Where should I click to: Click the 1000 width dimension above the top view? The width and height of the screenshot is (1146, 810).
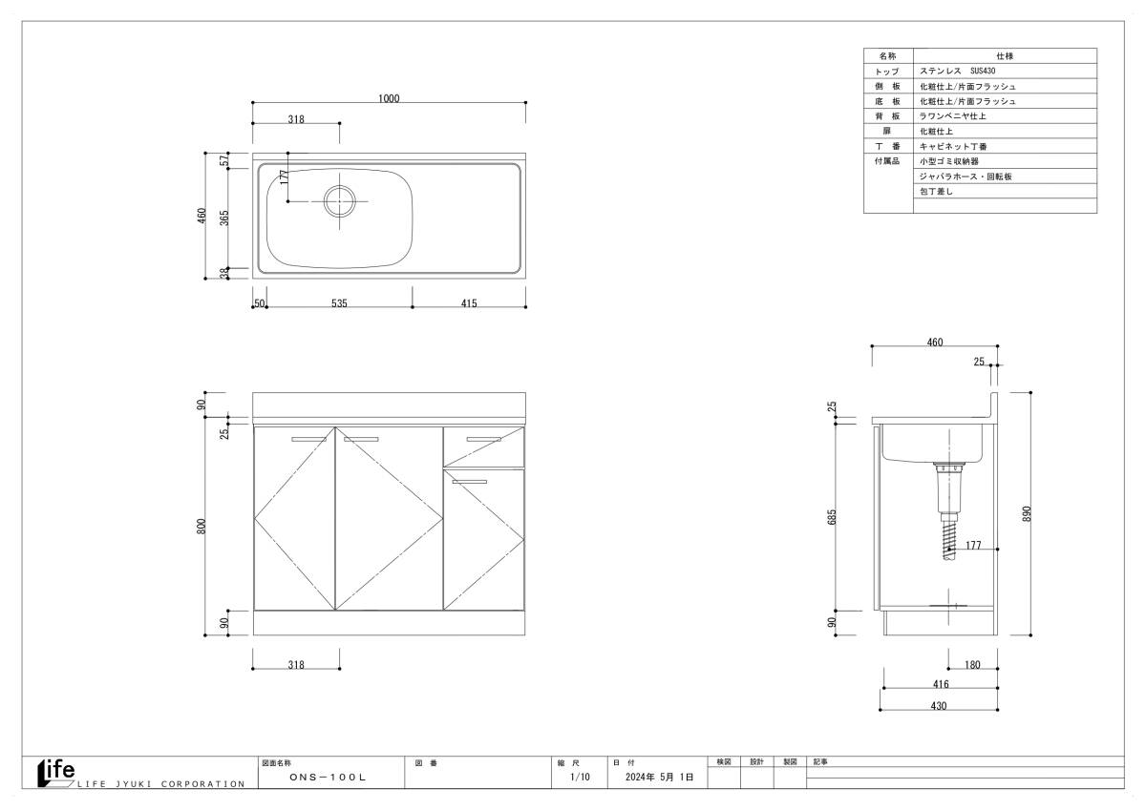tap(389, 98)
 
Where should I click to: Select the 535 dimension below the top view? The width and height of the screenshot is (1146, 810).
tap(339, 303)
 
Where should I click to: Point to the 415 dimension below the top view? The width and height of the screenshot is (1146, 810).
tap(469, 303)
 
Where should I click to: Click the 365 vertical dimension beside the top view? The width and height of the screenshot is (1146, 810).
tap(224, 218)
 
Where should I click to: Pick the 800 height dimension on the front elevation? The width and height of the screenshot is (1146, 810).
tap(202, 527)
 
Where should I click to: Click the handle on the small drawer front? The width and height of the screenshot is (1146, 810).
tap(483, 439)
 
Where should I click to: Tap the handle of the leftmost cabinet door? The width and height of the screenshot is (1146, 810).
tap(308, 439)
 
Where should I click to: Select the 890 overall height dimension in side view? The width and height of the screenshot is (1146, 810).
tap(1027, 513)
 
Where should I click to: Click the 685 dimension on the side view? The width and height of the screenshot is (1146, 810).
tap(832, 517)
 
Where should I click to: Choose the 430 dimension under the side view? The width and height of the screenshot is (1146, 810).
tap(938, 706)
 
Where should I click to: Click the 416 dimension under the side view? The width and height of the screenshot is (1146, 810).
tap(941, 684)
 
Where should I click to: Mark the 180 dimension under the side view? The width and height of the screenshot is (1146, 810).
tap(972, 665)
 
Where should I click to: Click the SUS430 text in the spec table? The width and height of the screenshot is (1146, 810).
tap(983, 71)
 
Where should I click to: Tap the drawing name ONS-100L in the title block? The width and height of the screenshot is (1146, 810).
tap(328, 777)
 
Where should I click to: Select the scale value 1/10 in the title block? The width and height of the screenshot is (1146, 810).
tap(581, 777)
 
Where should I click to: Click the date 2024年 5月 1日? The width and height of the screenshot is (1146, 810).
tap(659, 777)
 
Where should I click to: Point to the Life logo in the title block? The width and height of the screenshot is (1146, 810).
tap(56, 773)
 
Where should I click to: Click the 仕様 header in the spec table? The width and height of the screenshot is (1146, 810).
tap(1005, 55)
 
